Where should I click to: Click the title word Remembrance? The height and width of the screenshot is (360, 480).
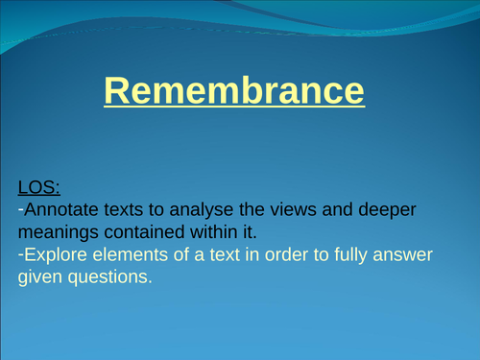click(234, 92)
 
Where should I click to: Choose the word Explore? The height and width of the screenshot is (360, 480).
click(54, 256)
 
